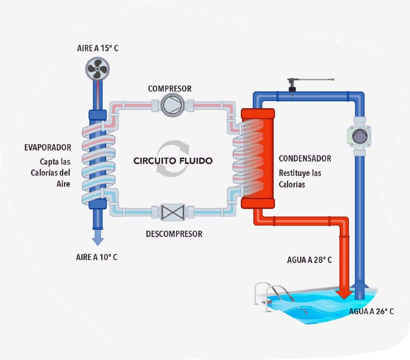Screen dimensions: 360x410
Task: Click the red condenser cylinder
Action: (x=258, y=159)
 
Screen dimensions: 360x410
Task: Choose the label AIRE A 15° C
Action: (x=97, y=48)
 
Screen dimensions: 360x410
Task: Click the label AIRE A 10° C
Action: (x=97, y=257)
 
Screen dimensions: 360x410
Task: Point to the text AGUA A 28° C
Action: (x=309, y=260)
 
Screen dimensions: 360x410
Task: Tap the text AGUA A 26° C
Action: (x=372, y=311)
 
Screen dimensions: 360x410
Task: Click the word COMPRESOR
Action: (x=170, y=88)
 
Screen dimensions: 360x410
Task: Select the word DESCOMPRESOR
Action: (x=174, y=234)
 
